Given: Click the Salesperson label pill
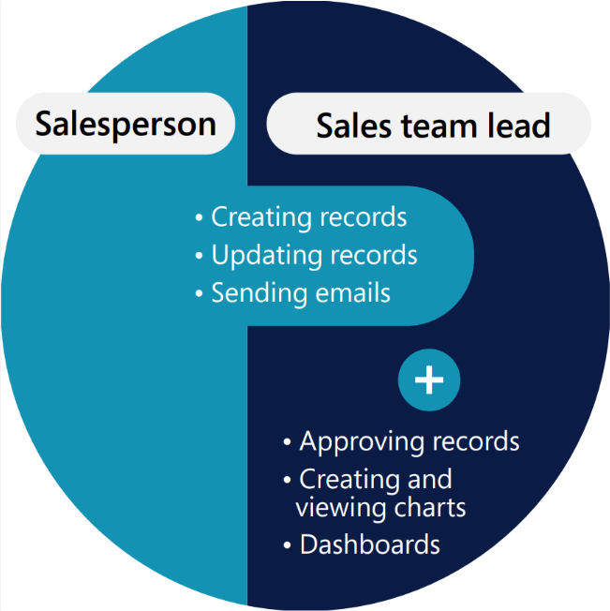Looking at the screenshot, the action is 126,124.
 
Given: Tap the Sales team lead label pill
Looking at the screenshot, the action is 429,124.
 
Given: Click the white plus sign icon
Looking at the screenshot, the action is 429,380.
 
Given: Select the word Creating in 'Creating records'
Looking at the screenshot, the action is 261,217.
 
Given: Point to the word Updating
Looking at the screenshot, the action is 267,256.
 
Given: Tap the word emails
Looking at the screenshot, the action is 352,293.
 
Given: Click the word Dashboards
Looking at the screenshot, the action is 370,544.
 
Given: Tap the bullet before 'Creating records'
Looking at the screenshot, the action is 199,217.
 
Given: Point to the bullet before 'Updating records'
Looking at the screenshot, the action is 199,256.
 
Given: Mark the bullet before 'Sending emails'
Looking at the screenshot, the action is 199,293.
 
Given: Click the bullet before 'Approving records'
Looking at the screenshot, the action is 287,442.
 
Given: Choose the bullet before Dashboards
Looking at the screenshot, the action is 287,544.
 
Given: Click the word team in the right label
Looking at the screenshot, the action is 439,127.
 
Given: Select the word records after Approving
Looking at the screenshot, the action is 476,442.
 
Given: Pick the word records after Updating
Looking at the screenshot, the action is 374,255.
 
